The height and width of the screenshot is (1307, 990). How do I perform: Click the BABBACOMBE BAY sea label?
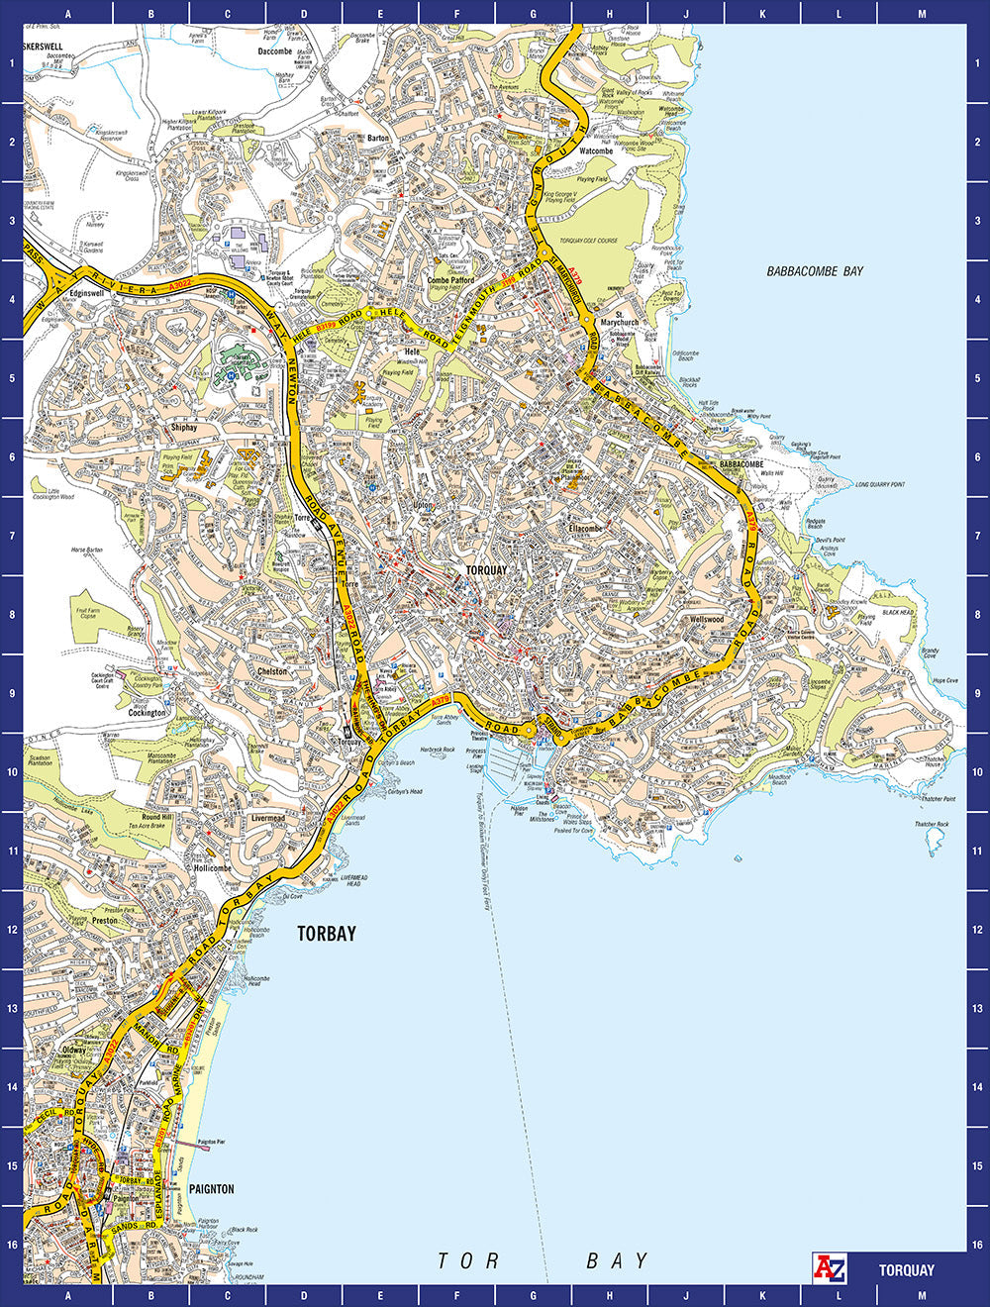(x=815, y=271)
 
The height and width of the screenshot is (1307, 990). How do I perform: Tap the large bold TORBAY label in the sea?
(x=326, y=933)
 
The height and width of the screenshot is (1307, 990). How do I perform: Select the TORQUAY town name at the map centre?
(x=486, y=570)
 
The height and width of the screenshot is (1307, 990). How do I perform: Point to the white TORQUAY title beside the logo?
(x=906, y=1269)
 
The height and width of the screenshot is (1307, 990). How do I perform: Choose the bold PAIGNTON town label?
(x=211, y=1188)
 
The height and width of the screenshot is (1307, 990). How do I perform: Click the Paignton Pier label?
(x=211, y=1142)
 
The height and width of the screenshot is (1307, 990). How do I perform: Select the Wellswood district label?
(x=707, y=619)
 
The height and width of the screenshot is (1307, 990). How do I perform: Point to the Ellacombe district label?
(x=585, y=529)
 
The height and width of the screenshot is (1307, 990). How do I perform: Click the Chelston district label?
(x=272, y=671)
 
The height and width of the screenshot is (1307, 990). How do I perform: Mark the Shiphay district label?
(x=184, y=428)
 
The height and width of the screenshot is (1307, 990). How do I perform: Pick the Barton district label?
(x=378, y=138)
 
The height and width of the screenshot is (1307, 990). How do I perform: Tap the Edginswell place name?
(x=87, y=293)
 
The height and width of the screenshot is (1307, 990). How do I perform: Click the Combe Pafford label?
(x=450, y=280)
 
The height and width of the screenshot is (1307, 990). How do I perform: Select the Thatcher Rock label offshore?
(x=932, y=824)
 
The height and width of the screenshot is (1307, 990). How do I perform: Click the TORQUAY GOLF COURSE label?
(x=588, y=241)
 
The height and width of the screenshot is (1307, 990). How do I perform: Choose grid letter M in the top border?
(x=922, y=14)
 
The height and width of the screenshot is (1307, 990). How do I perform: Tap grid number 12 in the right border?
(x=977, y=930)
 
